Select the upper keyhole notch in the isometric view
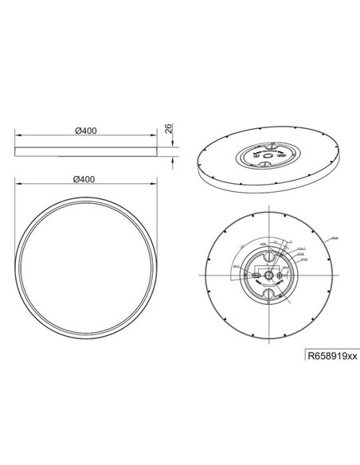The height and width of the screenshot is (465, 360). (274, 146)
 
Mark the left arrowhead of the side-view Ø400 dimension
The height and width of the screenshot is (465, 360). (17, 138)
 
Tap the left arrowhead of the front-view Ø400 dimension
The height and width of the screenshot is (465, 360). (17, 186)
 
